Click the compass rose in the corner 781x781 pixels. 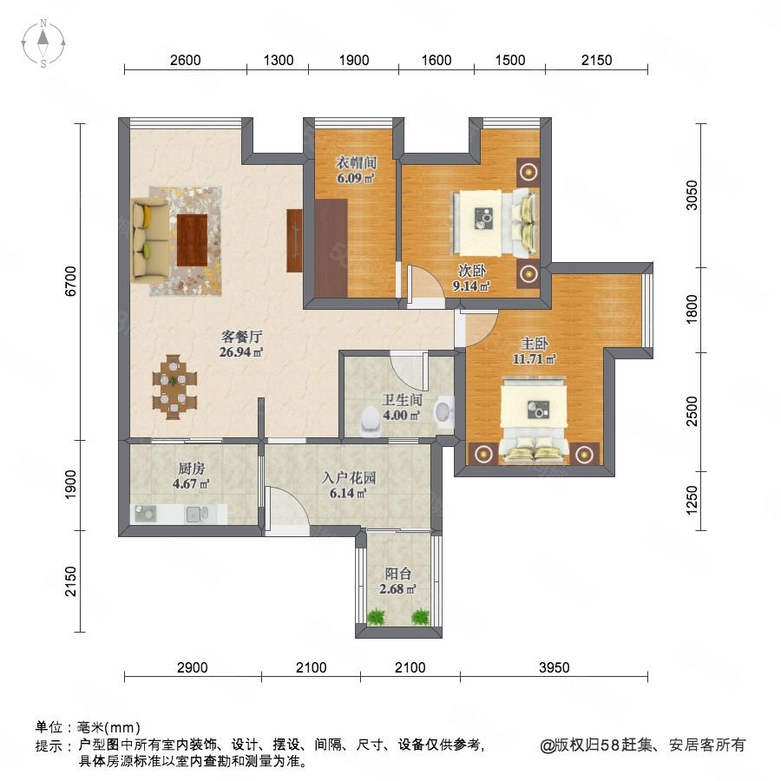tap(43, 43)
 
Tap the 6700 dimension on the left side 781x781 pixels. tap(71, 281)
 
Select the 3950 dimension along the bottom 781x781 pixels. tap(554, 667)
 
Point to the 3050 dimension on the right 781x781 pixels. tap(692, 195)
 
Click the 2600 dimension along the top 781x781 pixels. tap(186, 60)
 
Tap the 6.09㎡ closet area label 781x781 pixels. tap(356, 177)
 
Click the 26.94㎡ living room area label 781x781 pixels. tap(241, 352)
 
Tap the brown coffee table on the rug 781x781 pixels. tap(193, 240)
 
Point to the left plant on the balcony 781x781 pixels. tap(376, 617)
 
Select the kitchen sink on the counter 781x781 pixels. tap(197, 514)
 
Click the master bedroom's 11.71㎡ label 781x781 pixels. tap(535, 358)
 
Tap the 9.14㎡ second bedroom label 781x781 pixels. tap(471, 285)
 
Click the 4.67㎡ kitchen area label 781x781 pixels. tap(191, 483)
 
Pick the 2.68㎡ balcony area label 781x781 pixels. tap(397, 588)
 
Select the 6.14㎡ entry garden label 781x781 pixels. tap(348, 493)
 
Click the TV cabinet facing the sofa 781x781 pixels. tap(294, 240)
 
